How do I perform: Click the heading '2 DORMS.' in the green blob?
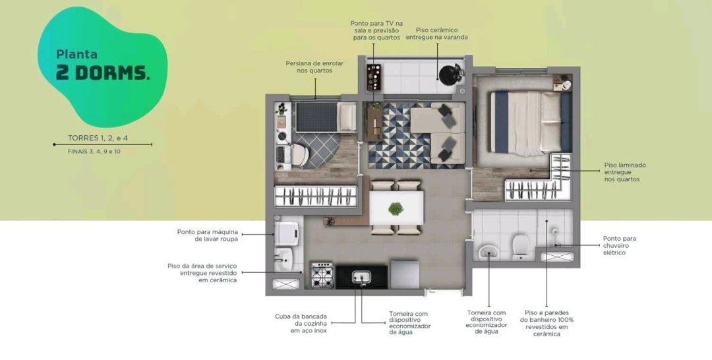point(103,73)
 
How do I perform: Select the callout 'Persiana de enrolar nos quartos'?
point(314,67)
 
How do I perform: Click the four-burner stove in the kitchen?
point(322,275)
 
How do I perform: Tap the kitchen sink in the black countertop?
point(361,276)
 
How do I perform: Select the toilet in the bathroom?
point(520,246)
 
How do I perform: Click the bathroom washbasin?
point(489,251)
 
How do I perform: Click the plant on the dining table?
point(396,209)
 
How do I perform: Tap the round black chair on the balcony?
point(450,75)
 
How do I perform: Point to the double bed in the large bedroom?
point(530,123)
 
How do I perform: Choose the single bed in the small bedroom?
point(326,117)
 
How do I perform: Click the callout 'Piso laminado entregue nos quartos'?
point(625,173)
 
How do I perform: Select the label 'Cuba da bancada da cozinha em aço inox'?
point(301,324)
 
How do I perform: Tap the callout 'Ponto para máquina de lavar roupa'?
point(208,235)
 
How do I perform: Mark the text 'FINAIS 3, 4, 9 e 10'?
point(94,151)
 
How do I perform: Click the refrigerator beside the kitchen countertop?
point(405,274)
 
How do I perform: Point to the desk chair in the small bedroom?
point(300,155)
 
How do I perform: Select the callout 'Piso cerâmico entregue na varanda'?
point(436,34)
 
